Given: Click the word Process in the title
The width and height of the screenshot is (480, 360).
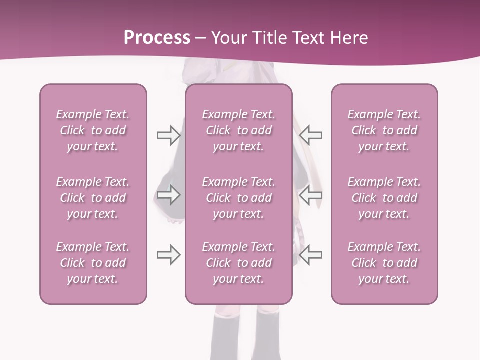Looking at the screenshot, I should (157, 38).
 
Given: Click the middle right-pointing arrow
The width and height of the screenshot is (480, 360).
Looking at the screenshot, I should (168, 195).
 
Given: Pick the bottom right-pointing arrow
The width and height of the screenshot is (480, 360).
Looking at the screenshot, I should (168, 255).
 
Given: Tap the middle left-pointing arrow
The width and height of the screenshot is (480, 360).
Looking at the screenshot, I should (311, 195).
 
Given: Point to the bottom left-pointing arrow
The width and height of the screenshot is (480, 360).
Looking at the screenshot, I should (311, 255).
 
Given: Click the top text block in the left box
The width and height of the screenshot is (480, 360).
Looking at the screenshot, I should (93, 130).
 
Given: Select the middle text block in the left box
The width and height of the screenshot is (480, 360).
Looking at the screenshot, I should (93, 198).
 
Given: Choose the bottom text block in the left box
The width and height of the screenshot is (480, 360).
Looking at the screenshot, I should (93, 263).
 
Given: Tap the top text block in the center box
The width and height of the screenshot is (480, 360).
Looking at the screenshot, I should (238, 130).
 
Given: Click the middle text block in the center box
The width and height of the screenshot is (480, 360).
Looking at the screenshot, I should (238, 198).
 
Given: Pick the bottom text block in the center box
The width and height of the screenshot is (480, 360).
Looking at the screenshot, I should (238, 263).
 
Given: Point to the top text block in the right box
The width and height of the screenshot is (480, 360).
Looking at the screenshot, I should (384, 130).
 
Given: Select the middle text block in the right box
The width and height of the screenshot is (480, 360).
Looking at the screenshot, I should (384, 198).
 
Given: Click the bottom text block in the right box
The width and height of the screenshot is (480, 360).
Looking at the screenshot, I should (384, 263).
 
